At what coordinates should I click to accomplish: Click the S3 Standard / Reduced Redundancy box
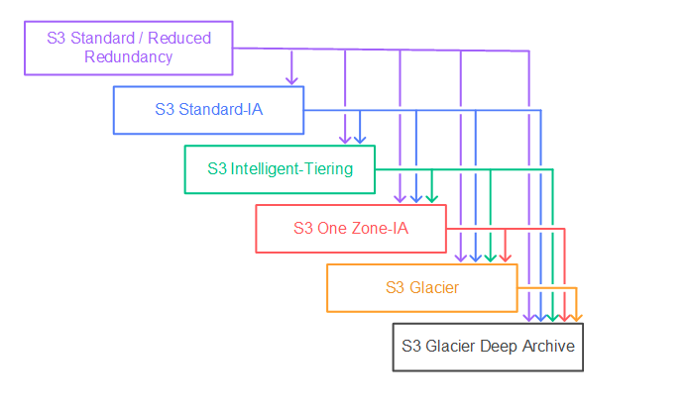[128, 49]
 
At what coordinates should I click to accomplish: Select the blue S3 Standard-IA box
[208, 110]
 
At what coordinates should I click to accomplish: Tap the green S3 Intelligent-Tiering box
[280, 169]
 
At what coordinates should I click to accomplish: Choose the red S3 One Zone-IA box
[351, 228]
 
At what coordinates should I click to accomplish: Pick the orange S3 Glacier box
[422, 287]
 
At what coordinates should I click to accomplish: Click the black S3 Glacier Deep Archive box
[488, 347]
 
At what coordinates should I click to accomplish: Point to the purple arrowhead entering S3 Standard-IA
[291, 79]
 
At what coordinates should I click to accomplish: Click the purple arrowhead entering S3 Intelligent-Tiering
[346, 139]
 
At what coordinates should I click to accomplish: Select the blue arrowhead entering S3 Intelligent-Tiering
[360, 139]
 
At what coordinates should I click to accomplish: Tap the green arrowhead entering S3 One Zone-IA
[431, 198]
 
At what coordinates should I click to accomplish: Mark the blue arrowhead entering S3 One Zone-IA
[416, 198]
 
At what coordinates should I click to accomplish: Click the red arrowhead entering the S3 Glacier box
[505, 257]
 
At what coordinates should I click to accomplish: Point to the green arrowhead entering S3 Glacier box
[490, 257]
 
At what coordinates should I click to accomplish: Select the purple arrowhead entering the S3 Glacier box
[460, 257]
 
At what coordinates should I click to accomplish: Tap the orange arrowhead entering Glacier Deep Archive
[576, 317]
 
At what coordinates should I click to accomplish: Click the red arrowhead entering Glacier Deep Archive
[564, 317]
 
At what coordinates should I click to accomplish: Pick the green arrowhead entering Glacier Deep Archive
[552, 317]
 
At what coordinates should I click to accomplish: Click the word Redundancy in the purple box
[129, 57]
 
